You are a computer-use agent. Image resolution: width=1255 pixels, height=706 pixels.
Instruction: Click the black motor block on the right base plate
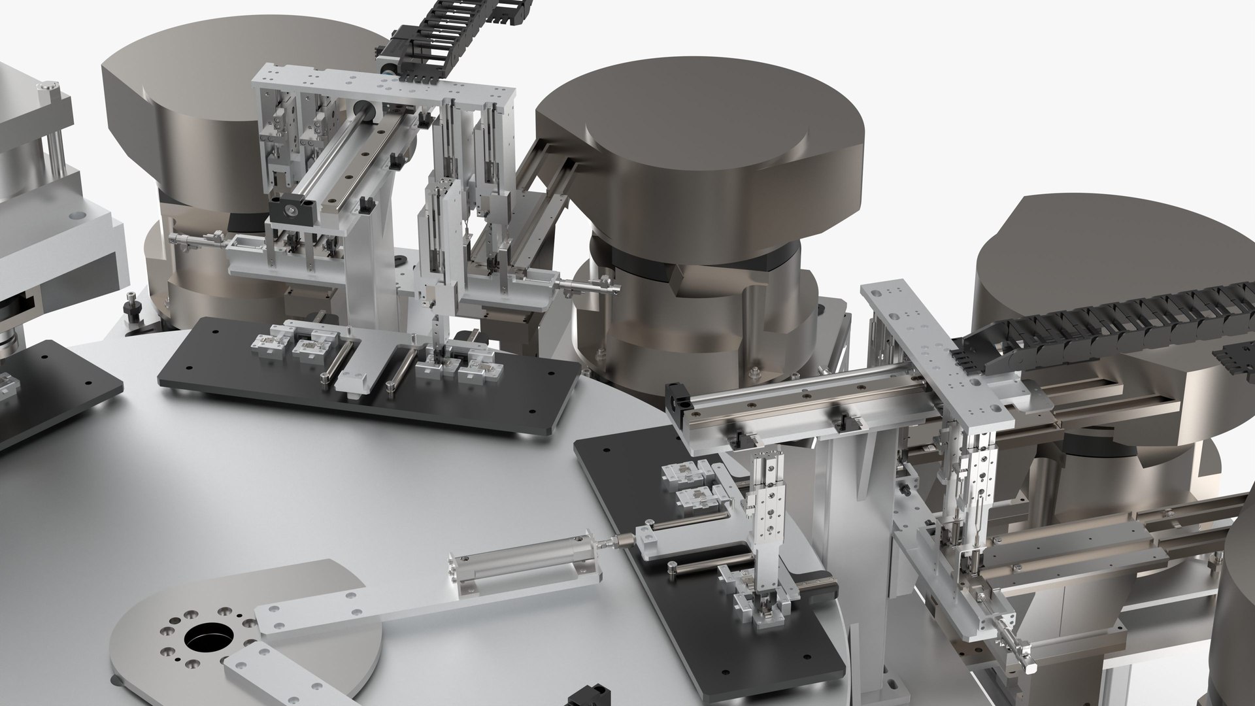coord(814,583)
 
